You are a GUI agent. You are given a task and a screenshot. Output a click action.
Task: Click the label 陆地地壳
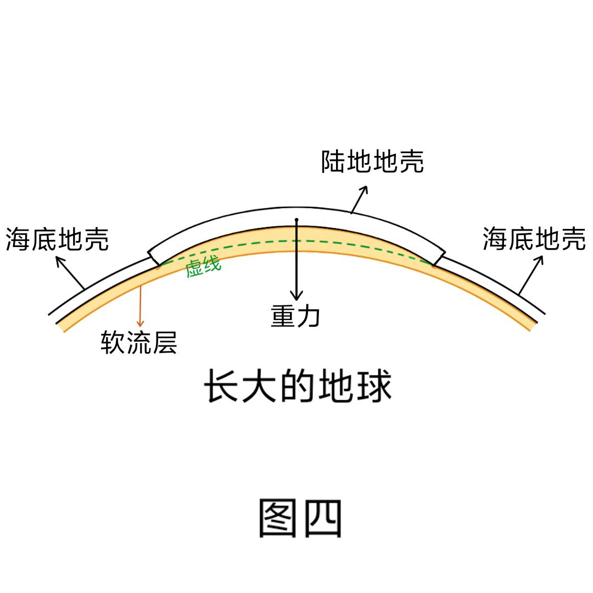click(x=372, y=161)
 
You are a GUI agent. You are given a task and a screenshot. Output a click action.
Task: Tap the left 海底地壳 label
click(x=57, y=239)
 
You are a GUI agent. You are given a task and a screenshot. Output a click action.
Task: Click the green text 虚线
click(x=203, y=267)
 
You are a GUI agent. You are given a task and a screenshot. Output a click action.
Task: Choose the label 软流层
click(x=139, y=342)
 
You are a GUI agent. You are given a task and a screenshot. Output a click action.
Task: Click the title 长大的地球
click(x=298, y=386)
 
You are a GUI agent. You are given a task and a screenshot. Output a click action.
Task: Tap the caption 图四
click(x=300, y=518)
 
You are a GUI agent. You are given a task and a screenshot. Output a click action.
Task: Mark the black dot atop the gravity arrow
click(x=296, y=220)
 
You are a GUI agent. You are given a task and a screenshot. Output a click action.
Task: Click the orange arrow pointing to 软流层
click(x=141, y=306)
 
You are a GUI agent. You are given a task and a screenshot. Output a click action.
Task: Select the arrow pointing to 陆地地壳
click(x=359, y=199)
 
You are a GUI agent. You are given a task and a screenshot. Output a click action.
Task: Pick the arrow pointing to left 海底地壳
click(x=70, y=272)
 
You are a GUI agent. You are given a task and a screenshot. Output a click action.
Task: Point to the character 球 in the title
click(x=374, y=386)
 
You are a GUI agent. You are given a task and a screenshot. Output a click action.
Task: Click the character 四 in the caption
click(x=323, y=518)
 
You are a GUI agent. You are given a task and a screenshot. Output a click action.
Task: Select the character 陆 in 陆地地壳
click(x=333, y=161)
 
